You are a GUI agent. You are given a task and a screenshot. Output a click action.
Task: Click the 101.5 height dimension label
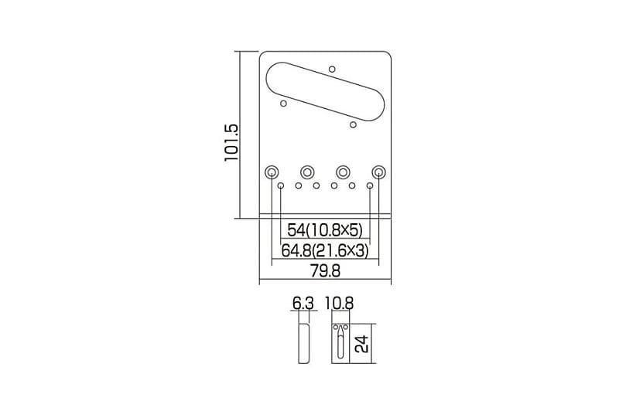coord(231,142)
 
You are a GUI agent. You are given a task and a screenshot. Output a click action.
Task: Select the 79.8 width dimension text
coord(325,271)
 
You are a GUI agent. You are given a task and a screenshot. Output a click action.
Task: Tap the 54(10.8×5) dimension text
coord(325,230)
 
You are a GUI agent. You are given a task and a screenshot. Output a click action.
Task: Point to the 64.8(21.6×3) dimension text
coord(325,250)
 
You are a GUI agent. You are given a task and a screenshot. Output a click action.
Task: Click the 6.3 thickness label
coord(303,304)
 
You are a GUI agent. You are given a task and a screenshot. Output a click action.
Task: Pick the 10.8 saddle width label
coord(339,304)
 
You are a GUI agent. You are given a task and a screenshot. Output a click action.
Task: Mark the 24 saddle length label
coord(362,344)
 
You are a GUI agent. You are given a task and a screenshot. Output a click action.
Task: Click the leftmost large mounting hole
coord(272,172)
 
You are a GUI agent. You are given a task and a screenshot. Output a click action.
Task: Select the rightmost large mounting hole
coord(378,172)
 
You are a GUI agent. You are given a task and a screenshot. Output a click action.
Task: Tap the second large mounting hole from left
coord(307,172)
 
